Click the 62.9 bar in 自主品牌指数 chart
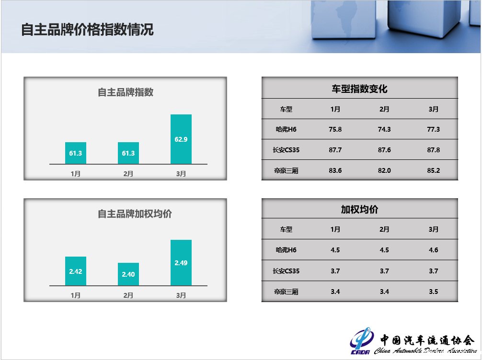(181, 139)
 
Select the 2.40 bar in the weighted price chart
(128, 274)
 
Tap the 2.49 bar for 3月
(181, 263)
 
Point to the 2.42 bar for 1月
(76, 271)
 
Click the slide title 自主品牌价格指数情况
(87, 30)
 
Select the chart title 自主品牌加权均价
(135, 214)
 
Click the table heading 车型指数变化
(359, 89)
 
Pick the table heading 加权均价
(359, 210)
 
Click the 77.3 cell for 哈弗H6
(434, 129)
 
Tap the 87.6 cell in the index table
(384, 150)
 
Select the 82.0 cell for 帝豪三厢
(384, 170)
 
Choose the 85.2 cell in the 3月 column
(434, 170)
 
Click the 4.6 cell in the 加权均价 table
(434, 250)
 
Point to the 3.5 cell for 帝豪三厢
(434, 292)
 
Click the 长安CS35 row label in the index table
(286, 150)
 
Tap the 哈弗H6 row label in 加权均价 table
(286, 250)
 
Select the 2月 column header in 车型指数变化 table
(384, 109)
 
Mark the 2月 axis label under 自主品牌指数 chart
(128, 174)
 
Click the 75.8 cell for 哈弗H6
(335, 129)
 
